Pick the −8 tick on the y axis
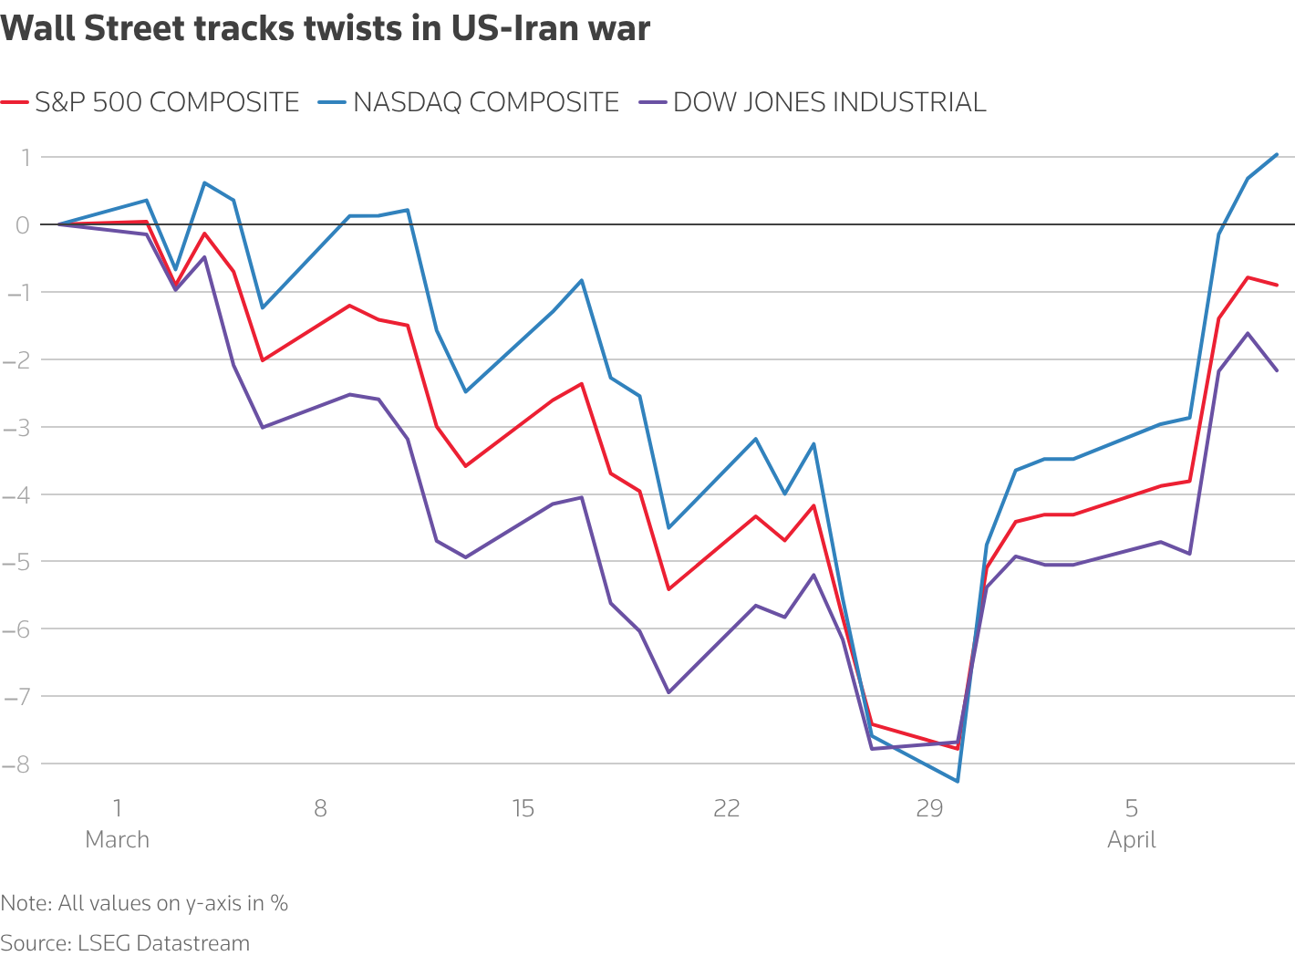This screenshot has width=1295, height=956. (16, 764)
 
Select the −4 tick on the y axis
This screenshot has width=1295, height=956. (16, 494)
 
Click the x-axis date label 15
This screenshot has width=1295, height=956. (523, 808)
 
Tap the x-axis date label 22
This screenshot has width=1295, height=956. (726, 808)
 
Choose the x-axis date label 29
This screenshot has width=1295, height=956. (928, 808)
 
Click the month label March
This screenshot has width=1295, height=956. (117, 839)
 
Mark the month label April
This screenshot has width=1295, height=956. (1132, 839)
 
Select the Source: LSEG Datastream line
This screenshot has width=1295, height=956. (125, 942)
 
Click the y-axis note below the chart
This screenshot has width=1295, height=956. (144, 903)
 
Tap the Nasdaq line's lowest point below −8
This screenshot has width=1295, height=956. (958, 781)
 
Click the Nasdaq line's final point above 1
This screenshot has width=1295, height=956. (1277, 154)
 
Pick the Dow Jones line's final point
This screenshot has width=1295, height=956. (1277, 370)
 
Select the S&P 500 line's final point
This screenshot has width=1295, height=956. (1277, 285)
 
